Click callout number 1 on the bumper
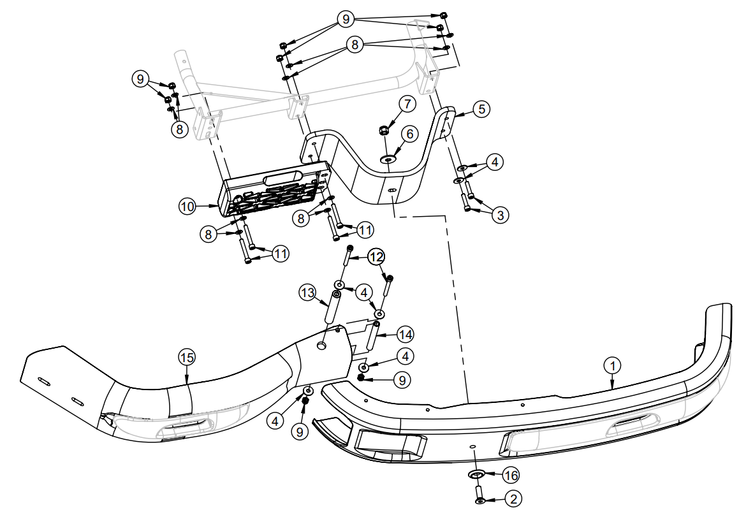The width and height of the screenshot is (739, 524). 612,365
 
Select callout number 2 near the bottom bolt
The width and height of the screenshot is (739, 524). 511,499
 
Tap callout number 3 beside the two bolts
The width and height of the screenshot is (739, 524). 501,215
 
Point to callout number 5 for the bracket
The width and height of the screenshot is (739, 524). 482,109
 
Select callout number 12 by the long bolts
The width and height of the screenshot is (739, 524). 376,256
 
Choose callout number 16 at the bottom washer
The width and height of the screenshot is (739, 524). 511,474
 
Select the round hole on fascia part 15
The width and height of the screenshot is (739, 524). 321,344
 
